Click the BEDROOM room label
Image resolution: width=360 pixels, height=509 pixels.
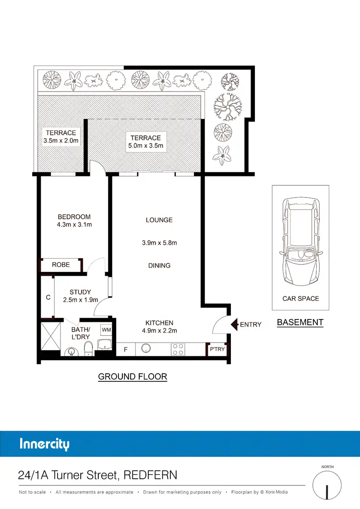(x=74, y=217)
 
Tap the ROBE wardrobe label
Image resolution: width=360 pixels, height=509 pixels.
(x=61, y=264)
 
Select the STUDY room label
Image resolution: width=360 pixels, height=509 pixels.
(x=80, y=292)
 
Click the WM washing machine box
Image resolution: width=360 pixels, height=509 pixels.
(x=106, y=330)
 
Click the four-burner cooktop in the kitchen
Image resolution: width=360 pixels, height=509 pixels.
(x=178, y=350)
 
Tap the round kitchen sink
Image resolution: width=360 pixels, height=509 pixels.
(x=146, y=349)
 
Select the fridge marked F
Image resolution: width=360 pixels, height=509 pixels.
(x=126, y=350)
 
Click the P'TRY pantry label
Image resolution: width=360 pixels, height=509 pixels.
(x=217, y=349)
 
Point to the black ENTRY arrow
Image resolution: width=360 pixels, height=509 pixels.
(x=235, y=324)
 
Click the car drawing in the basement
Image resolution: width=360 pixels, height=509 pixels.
(x=300, y=242)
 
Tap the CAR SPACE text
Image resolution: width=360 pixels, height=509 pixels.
(x=300, y=298)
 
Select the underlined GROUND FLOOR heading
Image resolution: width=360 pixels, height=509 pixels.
(x=132, y=377)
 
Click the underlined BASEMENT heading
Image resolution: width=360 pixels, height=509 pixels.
(x=300, y=322)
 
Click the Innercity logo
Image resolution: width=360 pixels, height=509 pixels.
(x=45, y=444)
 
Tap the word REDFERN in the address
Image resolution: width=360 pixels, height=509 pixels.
(x=150, y=475)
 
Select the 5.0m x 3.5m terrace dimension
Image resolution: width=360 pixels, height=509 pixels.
(x=146, y=145)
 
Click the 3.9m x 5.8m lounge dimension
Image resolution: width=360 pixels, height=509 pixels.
(x=159, y=243)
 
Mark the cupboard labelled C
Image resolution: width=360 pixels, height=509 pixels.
(x=48, y=297)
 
